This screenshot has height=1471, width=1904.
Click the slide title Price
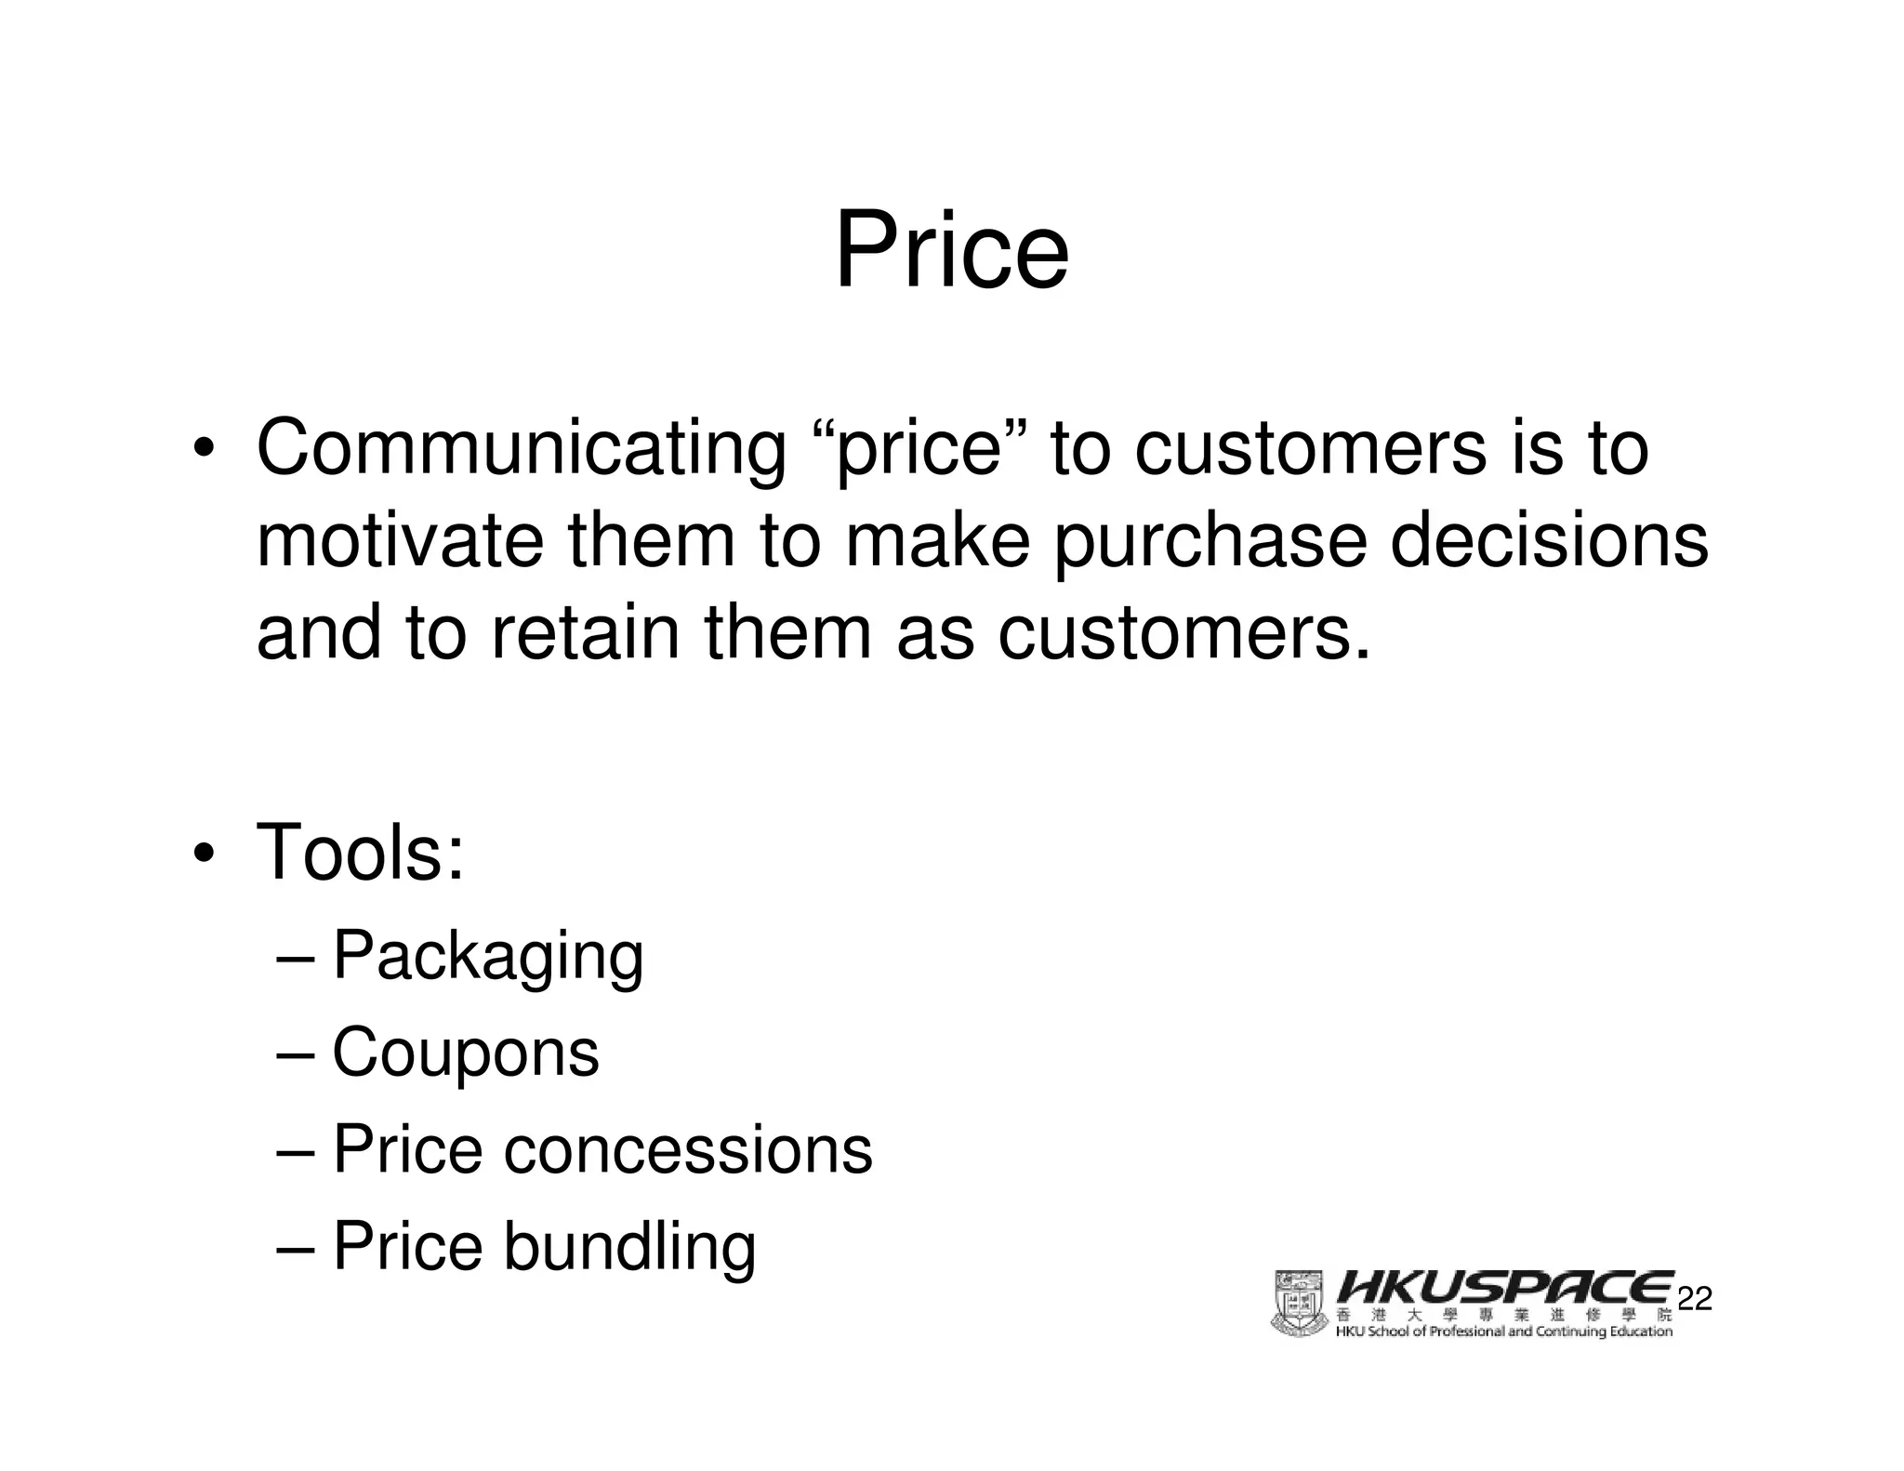coord(951,251)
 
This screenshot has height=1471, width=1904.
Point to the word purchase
coord(1210,543)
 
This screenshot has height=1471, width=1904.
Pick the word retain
coord(585,632)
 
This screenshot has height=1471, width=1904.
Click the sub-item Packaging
coord(488,956)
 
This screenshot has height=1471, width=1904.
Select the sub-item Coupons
coord(465,1053)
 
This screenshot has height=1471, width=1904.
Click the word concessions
coord(688,1149)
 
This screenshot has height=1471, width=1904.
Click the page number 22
coord(1695,1299)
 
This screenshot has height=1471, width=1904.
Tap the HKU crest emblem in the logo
coord(1298,1304)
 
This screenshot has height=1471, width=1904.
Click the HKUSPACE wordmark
coord(1503,1288)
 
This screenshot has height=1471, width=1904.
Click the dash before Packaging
coord(297,957)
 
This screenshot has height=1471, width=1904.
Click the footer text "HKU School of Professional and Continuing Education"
coord(1503,1332)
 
